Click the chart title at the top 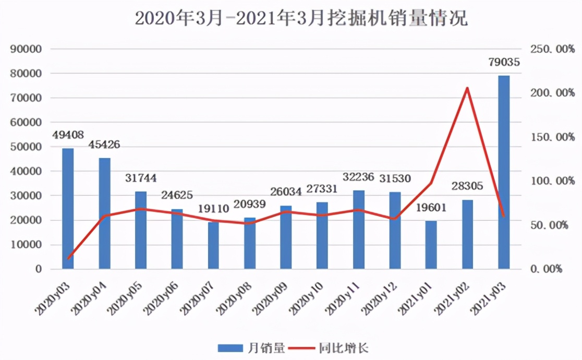point(301,18)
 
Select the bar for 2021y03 point(504,172)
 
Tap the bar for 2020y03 point(68,209)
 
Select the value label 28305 point(467,186)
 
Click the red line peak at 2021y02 point(467,88)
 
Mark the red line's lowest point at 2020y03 point(68,258)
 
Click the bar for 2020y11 point(359,230)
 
